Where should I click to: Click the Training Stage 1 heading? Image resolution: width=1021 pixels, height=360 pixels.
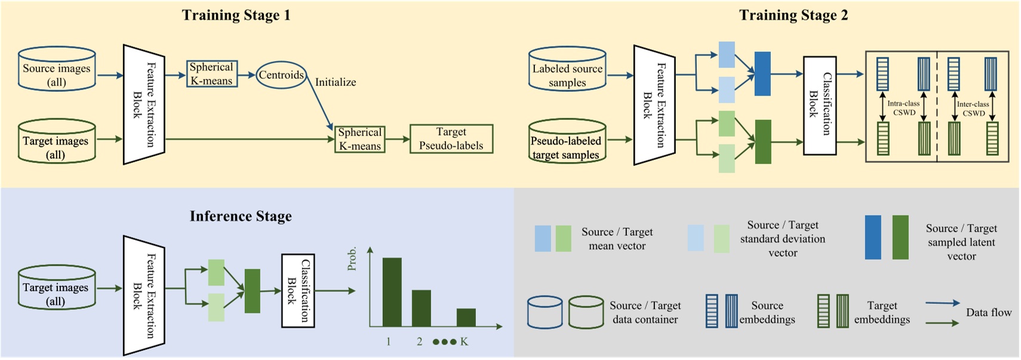point(236,15)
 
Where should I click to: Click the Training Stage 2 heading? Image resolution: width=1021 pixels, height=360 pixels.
point(793,15)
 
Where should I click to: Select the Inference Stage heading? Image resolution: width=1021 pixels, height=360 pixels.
point(241,216)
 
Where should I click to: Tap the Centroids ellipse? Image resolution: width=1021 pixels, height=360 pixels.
point(281,75)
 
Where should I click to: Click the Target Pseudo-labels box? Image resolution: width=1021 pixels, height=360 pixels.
point(451,139)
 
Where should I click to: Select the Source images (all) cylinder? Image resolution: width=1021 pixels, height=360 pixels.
point(57,70)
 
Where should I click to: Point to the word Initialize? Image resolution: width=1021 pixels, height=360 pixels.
point(336,82)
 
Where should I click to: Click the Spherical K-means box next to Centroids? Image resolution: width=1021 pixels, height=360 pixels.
point(211,74)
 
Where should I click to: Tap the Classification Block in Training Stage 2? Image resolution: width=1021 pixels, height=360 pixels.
point(819,105)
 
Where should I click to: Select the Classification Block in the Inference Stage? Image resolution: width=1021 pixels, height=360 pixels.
point(298,291)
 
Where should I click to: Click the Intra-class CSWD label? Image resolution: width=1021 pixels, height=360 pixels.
point(903,108)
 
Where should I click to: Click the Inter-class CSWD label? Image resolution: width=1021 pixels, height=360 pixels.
point(973,109)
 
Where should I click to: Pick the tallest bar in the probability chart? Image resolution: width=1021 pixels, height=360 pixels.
point(392,292)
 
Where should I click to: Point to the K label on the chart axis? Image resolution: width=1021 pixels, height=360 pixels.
point(464,342)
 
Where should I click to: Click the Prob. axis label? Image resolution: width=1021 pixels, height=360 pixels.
point(352,259)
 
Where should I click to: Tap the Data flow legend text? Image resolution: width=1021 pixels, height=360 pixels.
point(988,312)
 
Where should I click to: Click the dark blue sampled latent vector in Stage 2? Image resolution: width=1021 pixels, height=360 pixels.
point(762,74)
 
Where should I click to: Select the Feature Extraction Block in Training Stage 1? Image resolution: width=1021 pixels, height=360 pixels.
point(143,104)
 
